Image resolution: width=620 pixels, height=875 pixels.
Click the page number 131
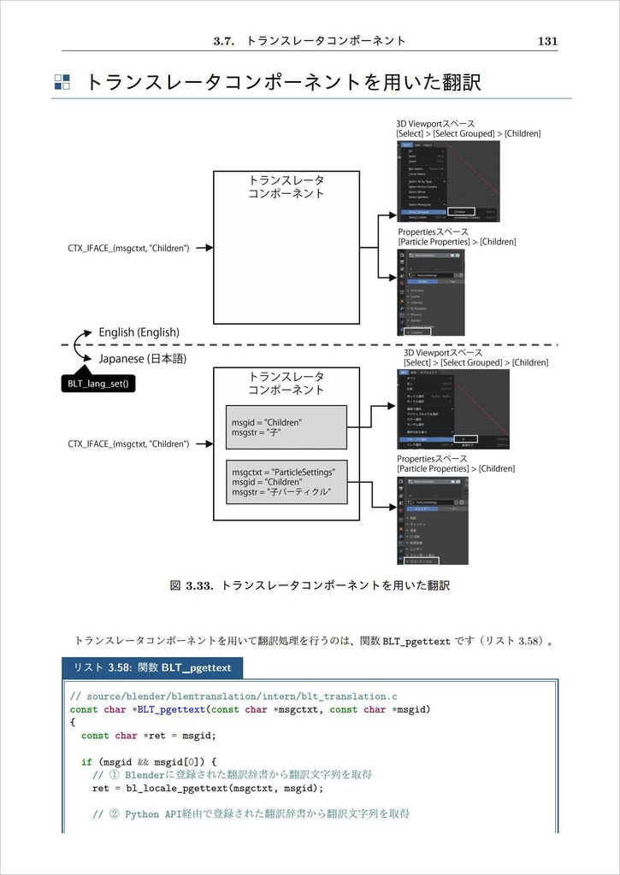point(547,40)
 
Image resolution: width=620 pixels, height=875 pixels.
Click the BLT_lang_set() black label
point(98,384)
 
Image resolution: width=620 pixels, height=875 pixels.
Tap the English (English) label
point(139,332)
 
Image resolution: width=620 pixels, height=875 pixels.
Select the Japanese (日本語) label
point(143,358)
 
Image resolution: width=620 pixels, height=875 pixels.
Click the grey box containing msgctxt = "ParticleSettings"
point(286,483)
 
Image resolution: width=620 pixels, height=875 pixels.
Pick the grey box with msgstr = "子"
point(286,427)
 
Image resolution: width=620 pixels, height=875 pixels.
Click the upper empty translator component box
point(286,248)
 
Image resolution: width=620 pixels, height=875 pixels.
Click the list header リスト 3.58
point(152,667)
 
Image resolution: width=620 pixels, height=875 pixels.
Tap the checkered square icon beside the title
point(62,82)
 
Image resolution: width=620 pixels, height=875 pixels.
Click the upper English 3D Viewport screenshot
point(448,180)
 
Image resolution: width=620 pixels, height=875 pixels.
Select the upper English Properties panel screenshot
point(431,292)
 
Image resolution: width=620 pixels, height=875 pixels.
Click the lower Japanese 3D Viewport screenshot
point(453,408)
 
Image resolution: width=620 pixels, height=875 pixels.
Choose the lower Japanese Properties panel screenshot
point(433,521)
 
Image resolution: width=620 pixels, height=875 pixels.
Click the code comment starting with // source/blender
point(233,696)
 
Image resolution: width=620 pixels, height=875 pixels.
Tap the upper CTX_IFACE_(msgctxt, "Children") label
point(128,249)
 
